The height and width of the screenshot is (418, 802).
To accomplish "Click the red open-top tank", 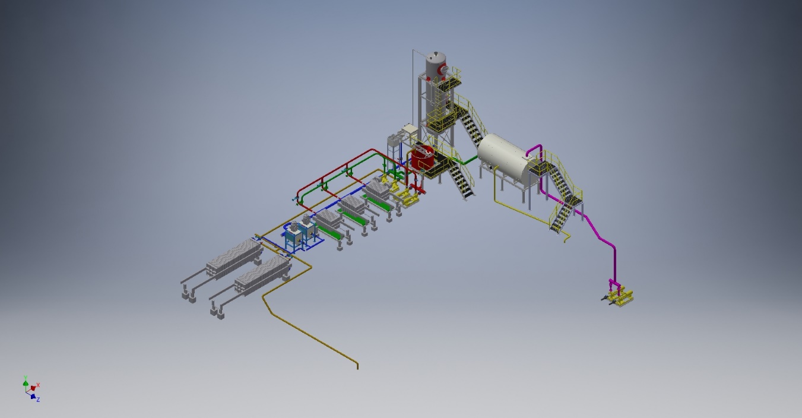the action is point(423,159).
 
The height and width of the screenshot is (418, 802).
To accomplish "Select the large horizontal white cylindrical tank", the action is point(504,157).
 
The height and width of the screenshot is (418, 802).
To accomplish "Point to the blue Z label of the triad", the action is point(38,400).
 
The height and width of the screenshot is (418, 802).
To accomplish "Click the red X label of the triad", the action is point(38,385).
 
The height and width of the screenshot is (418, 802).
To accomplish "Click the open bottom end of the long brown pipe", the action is point(357,366).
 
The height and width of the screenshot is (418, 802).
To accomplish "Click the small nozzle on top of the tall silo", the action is point(435,53).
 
